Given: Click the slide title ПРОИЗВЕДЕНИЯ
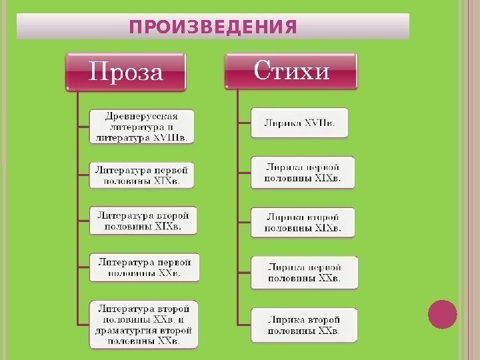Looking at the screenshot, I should (213, 27).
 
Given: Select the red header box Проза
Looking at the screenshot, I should (126, 71).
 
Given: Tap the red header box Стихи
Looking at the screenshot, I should (291, 70).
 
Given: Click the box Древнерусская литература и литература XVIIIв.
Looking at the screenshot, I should (142, 127).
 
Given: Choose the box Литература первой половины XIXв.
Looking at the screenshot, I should (142, 175).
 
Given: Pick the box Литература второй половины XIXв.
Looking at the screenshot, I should (143, 221).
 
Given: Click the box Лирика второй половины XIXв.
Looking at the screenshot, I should (303, 223).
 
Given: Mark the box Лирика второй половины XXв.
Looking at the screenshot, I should (303, 323).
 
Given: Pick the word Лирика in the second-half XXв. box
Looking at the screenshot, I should (284, 317).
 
